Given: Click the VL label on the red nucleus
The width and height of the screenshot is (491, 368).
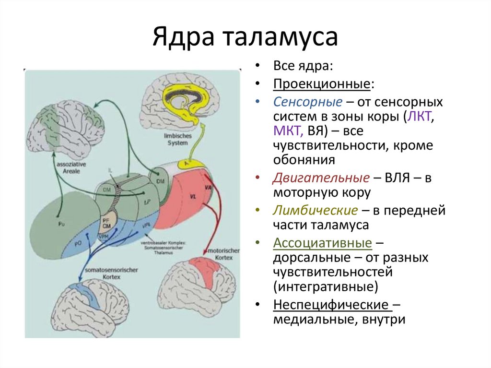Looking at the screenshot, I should [x=193, y=197].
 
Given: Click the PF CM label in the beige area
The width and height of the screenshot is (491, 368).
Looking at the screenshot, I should [x=106, y=222].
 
